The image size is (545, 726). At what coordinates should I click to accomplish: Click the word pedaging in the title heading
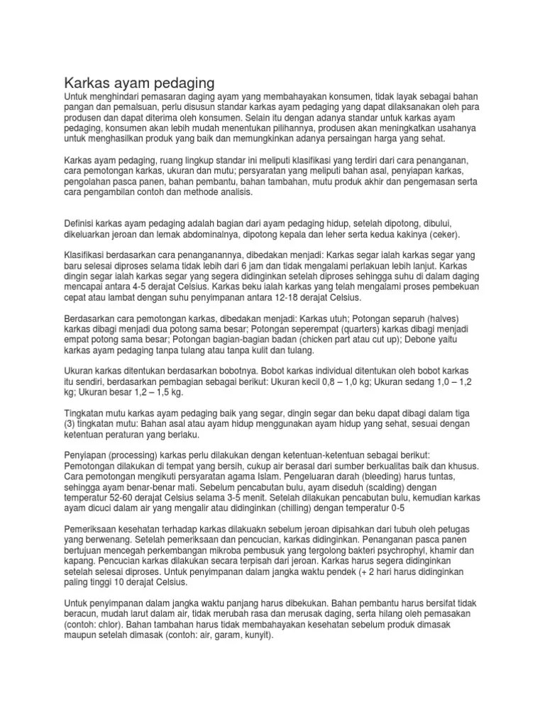[x=176, y=82]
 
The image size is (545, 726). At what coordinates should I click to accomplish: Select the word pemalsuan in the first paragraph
[x=123, y=106]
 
